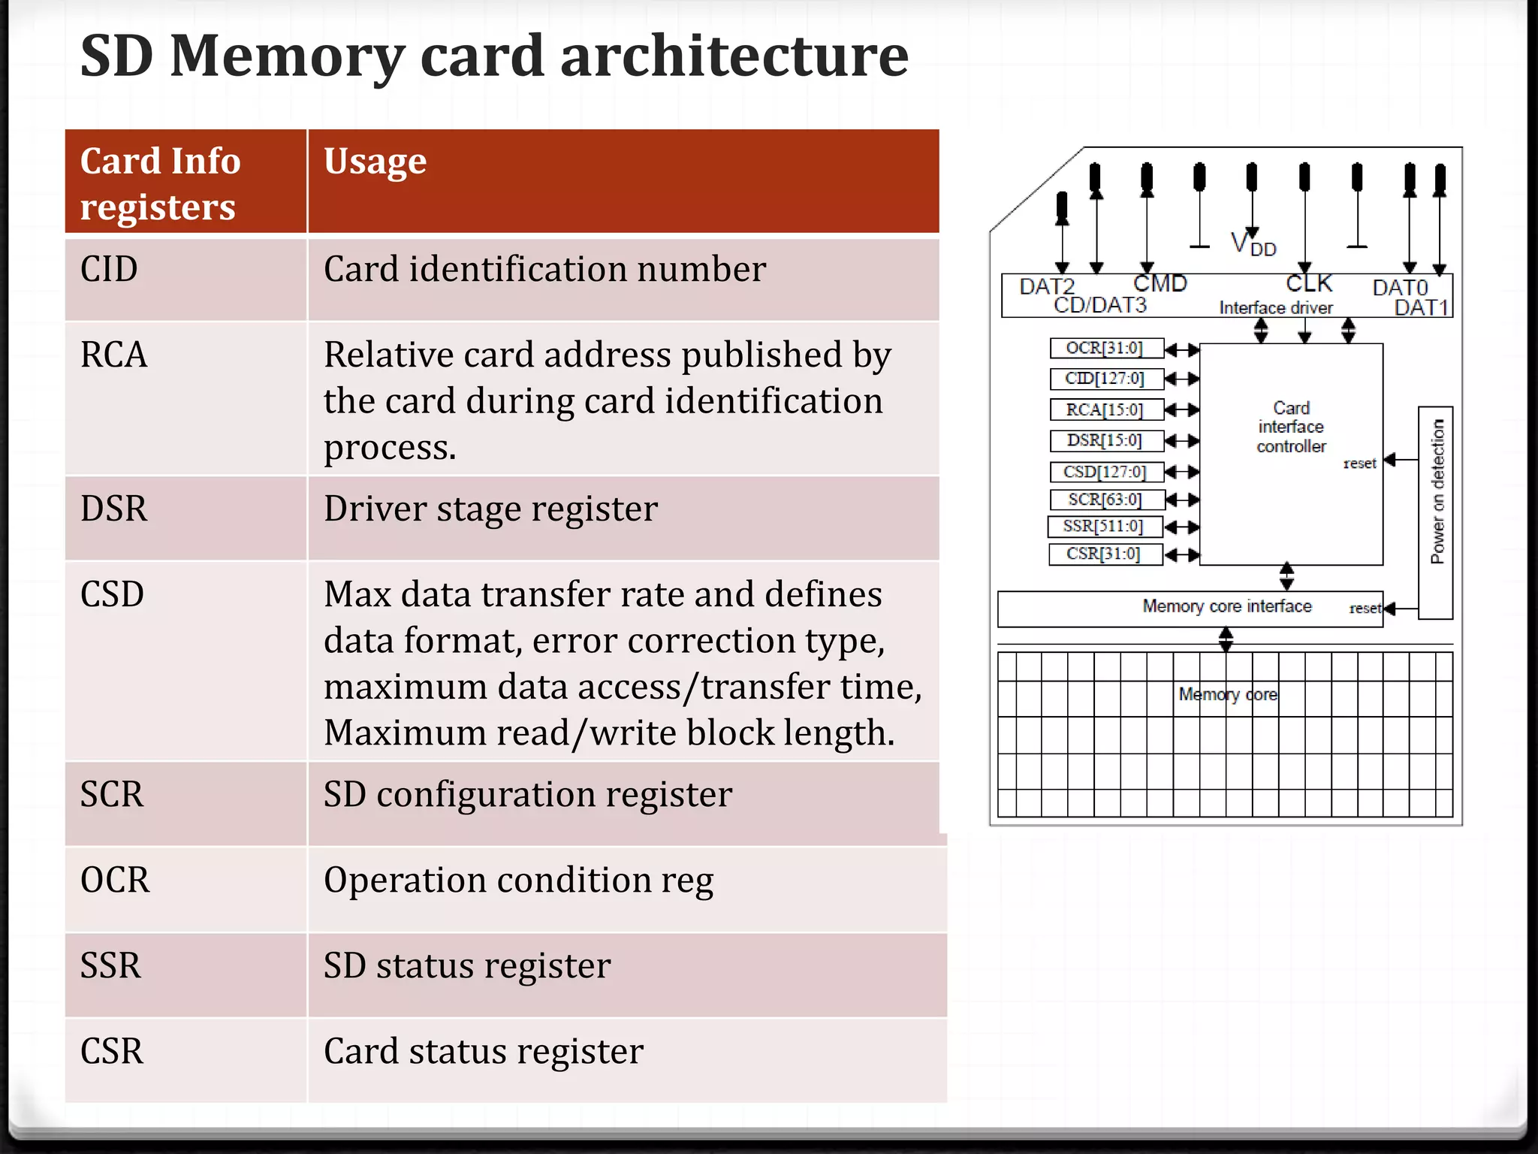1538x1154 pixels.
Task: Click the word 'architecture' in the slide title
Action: coord(734,56)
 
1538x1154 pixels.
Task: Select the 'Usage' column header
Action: coord(375,162)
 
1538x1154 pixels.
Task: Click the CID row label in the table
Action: coord(109,269)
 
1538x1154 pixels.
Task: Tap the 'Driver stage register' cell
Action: coord(490,509)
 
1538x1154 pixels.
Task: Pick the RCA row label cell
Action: coord(113,355)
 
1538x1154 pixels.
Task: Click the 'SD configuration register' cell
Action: coord(527,795)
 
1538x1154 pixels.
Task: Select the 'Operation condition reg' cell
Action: coord(518,880)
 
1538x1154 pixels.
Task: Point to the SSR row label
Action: coord(110,965)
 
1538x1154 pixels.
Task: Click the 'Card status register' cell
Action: coord(483,1051)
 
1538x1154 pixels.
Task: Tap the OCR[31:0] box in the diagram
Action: coord(1105,349)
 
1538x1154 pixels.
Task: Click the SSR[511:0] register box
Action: coord(1104,527)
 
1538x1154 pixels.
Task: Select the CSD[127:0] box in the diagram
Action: coord(1105,472)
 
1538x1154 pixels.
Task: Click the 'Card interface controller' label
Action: coord(1291,427)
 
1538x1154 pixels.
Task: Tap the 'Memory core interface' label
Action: coord(1226,606)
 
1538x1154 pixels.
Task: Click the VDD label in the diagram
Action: coord(1253,245)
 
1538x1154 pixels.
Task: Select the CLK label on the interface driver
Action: coord(1308,284)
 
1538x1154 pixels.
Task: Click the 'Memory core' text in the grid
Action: coord(1227,694)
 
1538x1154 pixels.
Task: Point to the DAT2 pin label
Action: coord(1047,286)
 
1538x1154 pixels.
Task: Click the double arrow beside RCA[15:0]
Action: coord(1181,410)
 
